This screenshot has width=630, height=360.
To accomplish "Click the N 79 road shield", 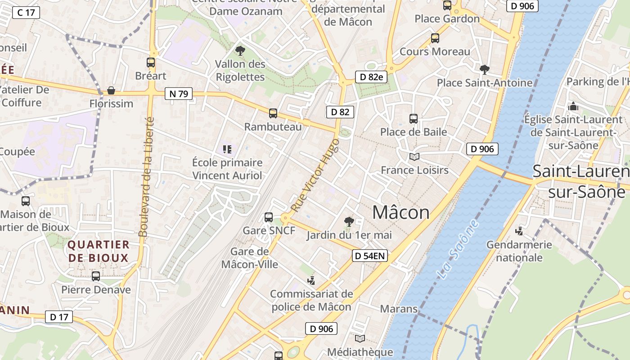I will (x=179, y=94).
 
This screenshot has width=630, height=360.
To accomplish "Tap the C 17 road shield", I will (x=26, y=12).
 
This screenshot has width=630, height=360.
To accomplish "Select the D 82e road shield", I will (x=371, y=77).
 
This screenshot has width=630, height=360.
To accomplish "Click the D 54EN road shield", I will (x=369, y=256).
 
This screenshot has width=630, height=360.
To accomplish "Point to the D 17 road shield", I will (x=59, y=317).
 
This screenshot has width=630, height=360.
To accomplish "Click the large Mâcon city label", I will (x=401, y=212).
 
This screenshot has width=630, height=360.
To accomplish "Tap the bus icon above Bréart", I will (x=151, y=63).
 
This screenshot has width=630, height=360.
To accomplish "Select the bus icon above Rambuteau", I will (x=273, y=113).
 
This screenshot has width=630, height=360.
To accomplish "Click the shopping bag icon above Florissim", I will (x=111, y=90).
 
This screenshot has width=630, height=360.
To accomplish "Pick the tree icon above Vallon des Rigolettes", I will (x=240, y=50).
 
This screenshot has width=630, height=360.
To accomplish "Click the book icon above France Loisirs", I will (x=414, y=157).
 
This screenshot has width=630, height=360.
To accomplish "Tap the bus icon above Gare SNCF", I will (x=269, y=217).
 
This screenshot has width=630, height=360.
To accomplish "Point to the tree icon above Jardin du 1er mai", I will (x=349, y=221).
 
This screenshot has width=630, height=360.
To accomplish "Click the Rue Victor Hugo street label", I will (x=315, y=175).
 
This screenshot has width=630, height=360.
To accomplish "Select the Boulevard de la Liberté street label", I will (x=147, y=176).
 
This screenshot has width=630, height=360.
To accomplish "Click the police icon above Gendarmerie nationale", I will (x=519, y=231).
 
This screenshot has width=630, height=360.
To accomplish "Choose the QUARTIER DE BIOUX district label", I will (x=98, y=251).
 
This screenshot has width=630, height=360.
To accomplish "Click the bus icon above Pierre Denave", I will (x=96, y=276).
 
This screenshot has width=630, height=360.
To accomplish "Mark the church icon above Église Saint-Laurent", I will (x=573, y=107).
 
